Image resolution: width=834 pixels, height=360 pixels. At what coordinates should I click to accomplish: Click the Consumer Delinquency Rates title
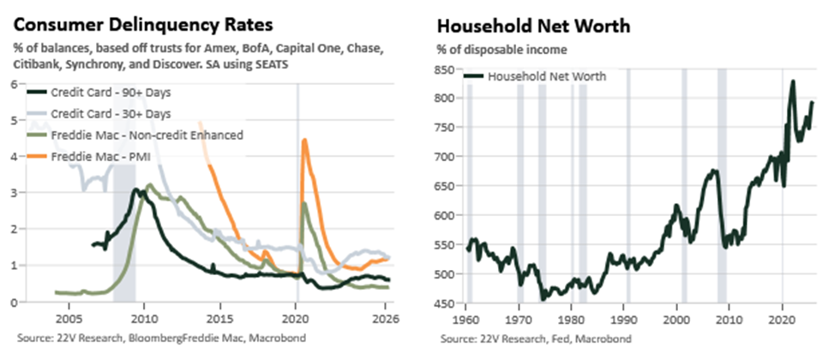(143, 25)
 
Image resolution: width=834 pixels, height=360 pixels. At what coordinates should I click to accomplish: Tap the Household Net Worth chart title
(533, 26)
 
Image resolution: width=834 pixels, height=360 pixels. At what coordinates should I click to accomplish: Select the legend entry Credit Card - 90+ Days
(99, 93)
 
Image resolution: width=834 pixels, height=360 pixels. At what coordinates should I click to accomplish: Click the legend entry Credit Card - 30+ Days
(99, 113)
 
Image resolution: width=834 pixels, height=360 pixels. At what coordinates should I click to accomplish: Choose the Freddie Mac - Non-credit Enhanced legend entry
(135, 135)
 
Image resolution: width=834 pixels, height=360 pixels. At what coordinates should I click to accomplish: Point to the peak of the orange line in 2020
(304, 140)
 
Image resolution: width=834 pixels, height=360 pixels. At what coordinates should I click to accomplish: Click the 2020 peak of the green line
(303, 203)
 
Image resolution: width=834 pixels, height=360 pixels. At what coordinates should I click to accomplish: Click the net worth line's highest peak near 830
(793, 81)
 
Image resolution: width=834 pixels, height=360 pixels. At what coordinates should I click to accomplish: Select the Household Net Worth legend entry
(536, 76)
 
